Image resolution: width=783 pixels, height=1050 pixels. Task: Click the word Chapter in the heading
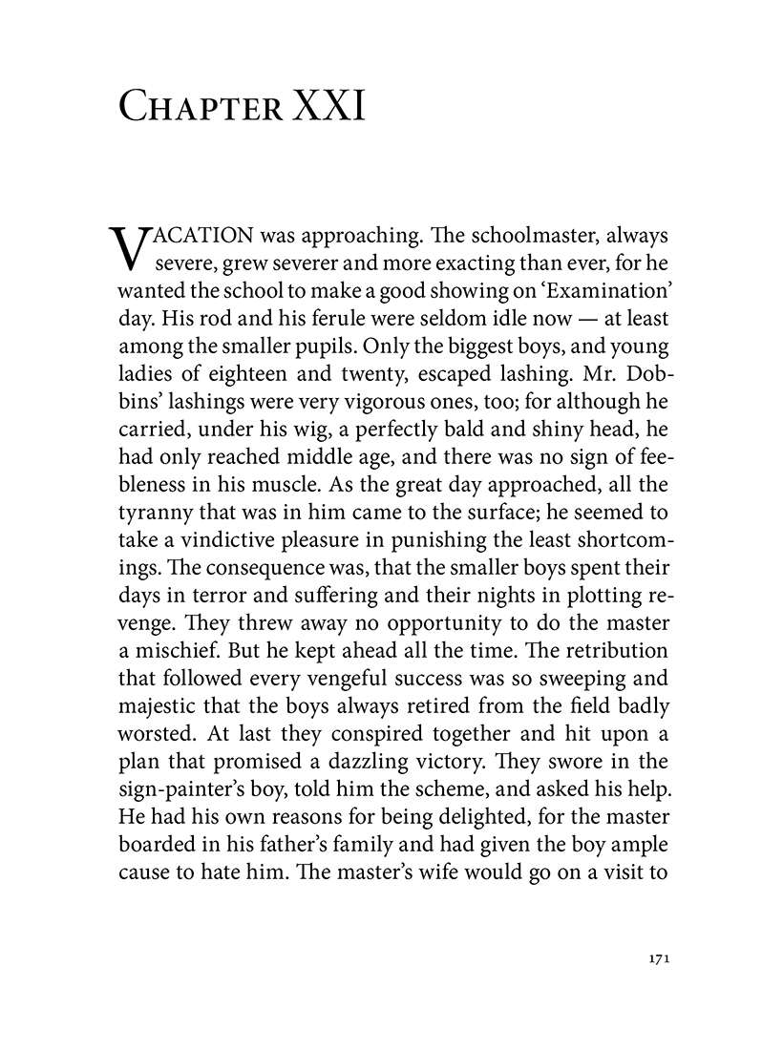[x=199, y=107]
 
